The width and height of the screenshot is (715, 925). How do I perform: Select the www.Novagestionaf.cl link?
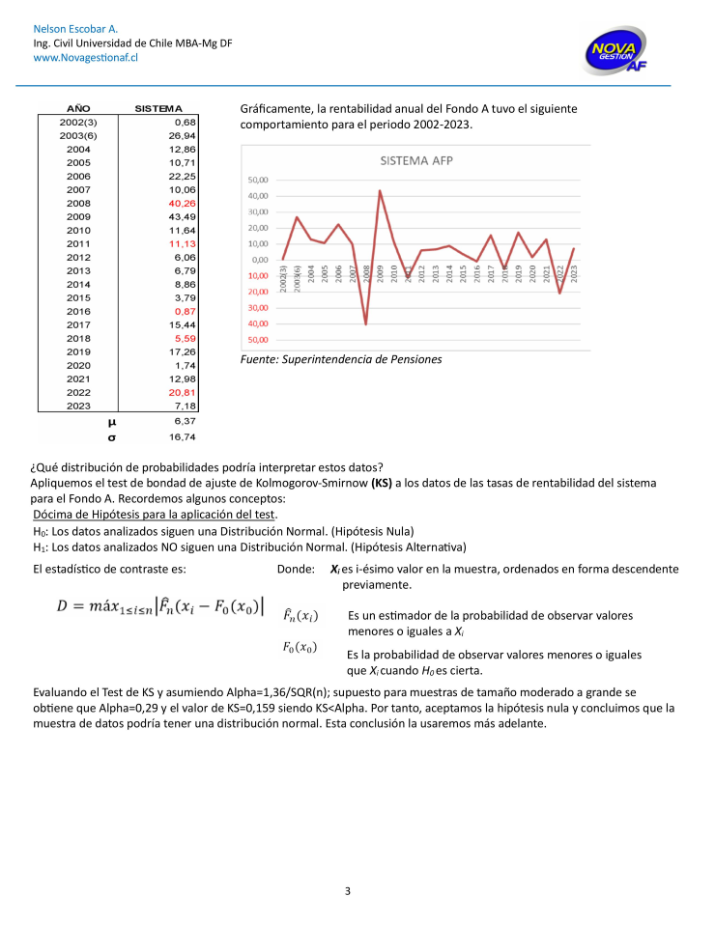tap(86, 58)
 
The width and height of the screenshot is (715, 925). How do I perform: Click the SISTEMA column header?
tap(158, 109)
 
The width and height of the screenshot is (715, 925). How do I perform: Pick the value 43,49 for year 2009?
tap(183, 217)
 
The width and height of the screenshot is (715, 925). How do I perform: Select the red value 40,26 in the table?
tap(183, 204)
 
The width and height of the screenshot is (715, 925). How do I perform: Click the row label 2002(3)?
tap(78, 123)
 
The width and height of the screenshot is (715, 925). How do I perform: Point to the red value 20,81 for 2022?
tap(183, 393)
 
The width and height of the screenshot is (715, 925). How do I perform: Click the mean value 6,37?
tap(185, 421)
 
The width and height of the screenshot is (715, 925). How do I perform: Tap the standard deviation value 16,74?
tap(183, 436)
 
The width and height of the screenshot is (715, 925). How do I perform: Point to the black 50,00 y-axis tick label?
tap(257, 181)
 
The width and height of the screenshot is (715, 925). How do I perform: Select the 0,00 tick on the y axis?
tap(259, 260)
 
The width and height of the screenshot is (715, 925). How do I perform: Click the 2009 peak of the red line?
tap(380, 190)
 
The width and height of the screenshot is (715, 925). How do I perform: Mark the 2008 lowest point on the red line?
tap(365, 323)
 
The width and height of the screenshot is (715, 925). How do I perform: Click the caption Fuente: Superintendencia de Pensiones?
tap(340, 359)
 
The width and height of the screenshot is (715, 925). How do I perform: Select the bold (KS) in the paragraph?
tap(382, 482)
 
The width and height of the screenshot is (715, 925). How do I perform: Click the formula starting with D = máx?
tap(160, 605)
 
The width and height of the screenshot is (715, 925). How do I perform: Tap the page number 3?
tap(348, 890)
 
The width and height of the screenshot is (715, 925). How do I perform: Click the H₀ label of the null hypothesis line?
tap(39, 531)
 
